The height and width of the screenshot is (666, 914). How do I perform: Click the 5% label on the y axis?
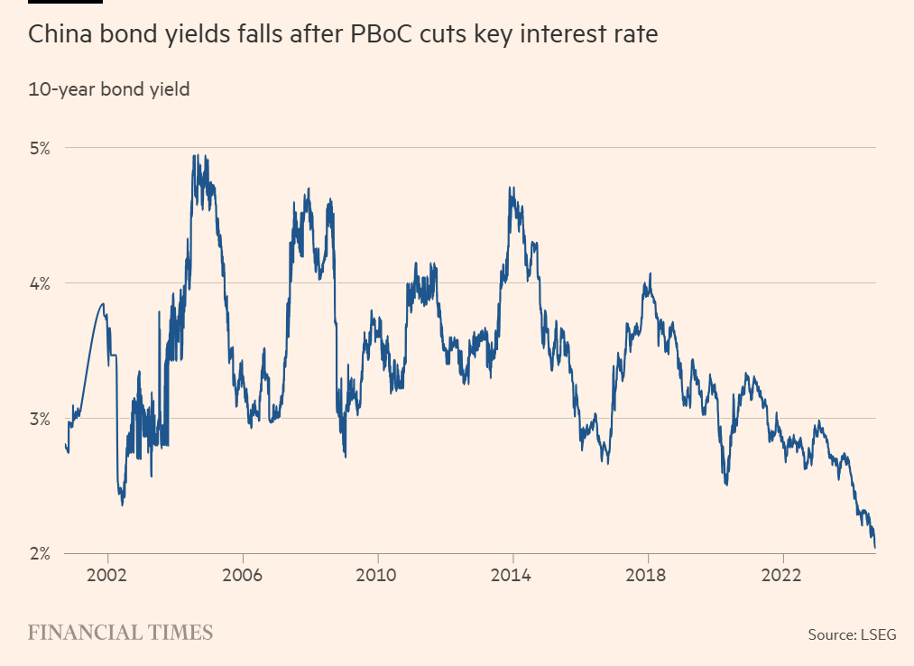41,147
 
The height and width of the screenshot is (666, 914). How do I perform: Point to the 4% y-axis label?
41,282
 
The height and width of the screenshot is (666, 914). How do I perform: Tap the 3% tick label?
41,419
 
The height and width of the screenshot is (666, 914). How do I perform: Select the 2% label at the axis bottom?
41,553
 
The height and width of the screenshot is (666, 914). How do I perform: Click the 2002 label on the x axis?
108,574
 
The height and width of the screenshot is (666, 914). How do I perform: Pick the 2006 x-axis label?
243,574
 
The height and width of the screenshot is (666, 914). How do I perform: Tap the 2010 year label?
377,574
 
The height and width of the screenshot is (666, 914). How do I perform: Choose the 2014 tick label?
512,574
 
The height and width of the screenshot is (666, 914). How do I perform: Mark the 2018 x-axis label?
647,574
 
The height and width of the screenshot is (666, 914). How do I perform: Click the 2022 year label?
782,574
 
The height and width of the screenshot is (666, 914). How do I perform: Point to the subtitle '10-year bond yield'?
108,89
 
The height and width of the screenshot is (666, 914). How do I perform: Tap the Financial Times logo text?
120,632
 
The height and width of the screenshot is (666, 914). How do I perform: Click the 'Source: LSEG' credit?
852,634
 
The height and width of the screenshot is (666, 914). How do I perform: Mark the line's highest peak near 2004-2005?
195,155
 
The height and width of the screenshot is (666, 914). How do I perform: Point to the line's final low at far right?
875,547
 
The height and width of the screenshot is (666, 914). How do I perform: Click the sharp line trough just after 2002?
122,504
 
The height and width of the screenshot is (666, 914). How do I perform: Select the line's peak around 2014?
511,188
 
